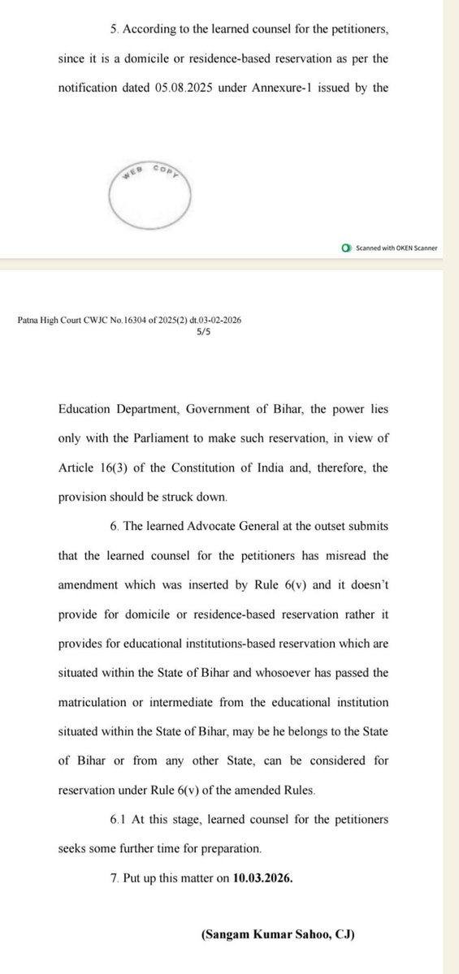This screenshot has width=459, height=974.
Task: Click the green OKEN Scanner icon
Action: click(x=346, y=248)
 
